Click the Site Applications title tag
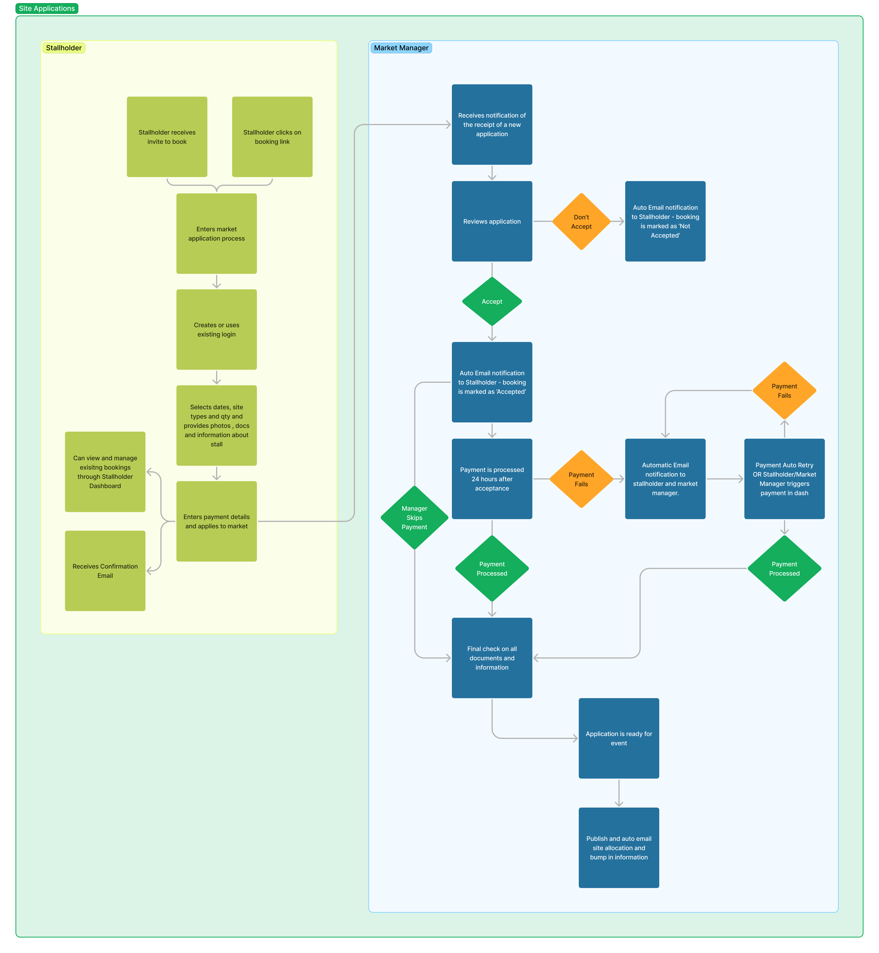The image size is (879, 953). point(47,9)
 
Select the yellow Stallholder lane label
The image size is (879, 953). point(64,48)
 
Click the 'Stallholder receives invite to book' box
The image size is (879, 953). point(167,137)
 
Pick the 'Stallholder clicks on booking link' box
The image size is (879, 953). point(272,137)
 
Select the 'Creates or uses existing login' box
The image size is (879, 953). point(216,330)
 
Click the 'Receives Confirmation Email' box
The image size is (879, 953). point(105,571)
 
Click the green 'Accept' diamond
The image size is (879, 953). point(492,301)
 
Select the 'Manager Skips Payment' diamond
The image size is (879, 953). point(414,517)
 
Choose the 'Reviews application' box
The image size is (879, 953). point(492,222)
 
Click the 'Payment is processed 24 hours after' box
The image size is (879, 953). point(492,479)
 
